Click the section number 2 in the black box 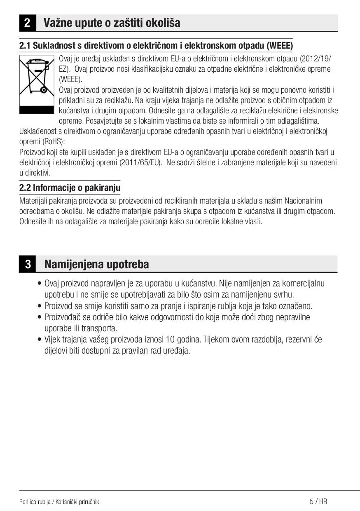tap(27, 23)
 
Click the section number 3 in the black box tap(28, 264)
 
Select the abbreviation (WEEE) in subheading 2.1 tap(280, 45)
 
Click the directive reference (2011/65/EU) tap(141, 162)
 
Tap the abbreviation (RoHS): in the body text tap(51, 141)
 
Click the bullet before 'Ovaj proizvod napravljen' tap(39, 284)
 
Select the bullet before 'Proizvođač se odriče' tap(39, 317)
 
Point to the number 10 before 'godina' tap(170, 340)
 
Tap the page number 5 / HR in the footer tap(318, 502)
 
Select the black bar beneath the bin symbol tap(37, 110)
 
